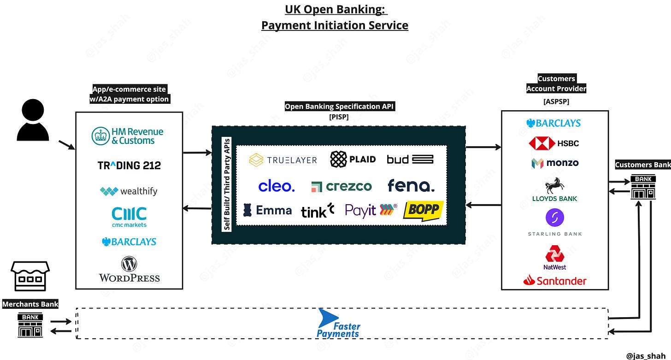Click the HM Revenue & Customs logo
click(127, 136)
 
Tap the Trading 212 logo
click(129, 165)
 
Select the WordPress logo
click(129, 269)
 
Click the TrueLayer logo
click(283, 159)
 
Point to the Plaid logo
click(353, 159)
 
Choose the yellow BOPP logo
click(423, 211)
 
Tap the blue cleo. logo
click(277, 186)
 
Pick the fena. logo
click(411, 185)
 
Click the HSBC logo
click(554, 143)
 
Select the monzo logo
click(555, 163)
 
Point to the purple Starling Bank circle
click(555, 218)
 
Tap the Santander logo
click(555, 281)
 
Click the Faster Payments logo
click(338, 323)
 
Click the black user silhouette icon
click(33, 120)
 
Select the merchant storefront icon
click(30, 276)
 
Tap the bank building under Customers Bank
click(643, 187)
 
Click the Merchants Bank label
click(30, 304)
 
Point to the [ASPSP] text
click(556, 101)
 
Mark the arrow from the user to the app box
click(66, 145)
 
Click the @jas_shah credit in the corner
click(646, 355)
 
